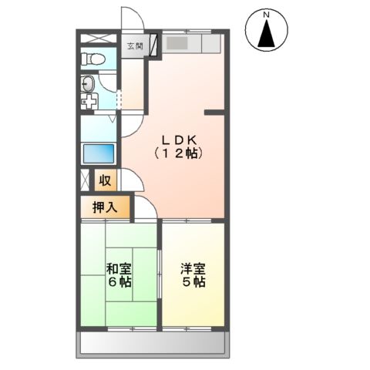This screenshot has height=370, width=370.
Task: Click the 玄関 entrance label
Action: tap(134, 47)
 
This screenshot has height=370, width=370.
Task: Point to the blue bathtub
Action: tap(98, 153)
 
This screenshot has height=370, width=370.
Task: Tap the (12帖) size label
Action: tap(180, 153)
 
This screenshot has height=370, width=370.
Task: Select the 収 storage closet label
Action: tap(106, 181)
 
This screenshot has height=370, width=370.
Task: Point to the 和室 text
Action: tap(119, 269)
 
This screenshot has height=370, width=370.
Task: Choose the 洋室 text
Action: tap(193, 269)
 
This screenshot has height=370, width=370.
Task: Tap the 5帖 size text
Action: tap(193, 282)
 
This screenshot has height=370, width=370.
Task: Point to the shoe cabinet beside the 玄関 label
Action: tap(154, 45)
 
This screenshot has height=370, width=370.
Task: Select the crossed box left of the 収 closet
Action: tap(84, 182)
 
